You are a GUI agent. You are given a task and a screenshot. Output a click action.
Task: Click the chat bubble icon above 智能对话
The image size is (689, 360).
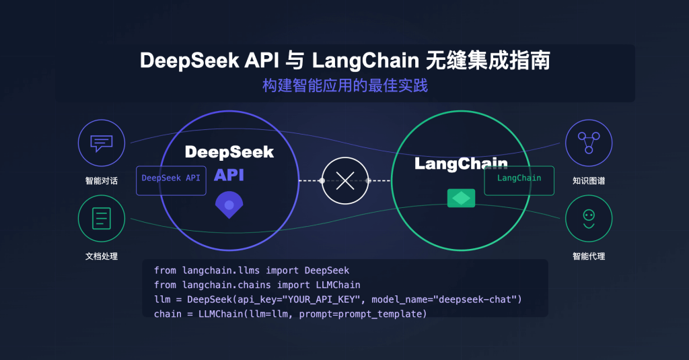pos(102,143)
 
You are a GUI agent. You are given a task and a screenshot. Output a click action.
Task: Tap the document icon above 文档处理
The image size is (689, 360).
pos(102,219)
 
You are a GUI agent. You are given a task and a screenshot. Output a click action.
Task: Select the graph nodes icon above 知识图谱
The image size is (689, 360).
pos(588,143)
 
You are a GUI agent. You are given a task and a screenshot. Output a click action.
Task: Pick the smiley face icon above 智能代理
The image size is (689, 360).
pos(588,219)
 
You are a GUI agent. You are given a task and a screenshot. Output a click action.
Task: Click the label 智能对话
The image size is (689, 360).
pos(102,181)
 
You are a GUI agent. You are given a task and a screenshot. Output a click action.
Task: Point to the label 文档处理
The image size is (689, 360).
pos(102,256)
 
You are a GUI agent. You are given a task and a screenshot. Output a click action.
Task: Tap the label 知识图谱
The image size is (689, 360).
pos(589,181)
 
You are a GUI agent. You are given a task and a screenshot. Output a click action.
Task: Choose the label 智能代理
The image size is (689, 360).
pos(589,256)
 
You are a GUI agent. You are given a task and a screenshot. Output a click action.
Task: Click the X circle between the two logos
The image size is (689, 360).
pos(345,180)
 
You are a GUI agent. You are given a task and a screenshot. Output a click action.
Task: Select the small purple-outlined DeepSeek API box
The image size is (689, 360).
pos(171,180)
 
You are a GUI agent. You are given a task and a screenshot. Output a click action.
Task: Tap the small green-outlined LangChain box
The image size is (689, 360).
pos(519,180)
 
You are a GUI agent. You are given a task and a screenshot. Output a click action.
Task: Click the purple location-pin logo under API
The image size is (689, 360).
pos(229,205)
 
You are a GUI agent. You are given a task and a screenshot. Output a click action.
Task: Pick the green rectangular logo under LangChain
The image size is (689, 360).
pos(461,198)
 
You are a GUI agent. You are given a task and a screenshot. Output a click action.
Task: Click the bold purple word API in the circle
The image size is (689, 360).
pos(229,176)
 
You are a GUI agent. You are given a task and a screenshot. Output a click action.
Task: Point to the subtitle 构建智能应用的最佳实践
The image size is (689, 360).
pos(344,86)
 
